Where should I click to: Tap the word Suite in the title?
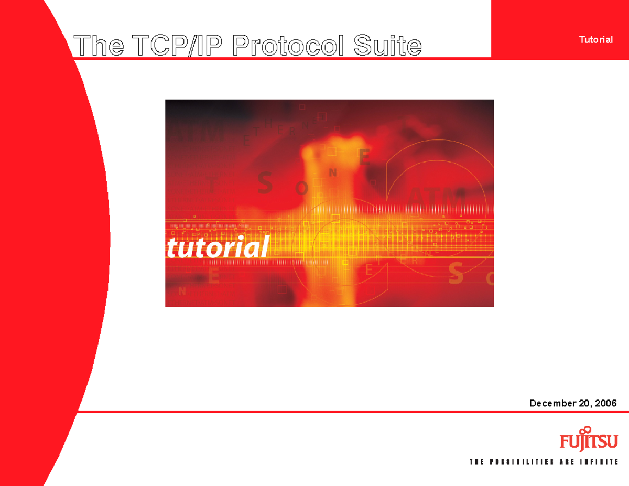[x=387, y=46]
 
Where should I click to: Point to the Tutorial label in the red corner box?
[x=595, y=40]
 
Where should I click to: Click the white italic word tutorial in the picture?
[x=218, y=247]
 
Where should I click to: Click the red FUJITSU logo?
[x=589, y=441]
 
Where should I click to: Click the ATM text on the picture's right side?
[x=436, y=198]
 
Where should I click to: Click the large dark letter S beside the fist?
[x=265, y=183]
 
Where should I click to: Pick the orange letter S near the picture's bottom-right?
[x=457, y=273]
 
